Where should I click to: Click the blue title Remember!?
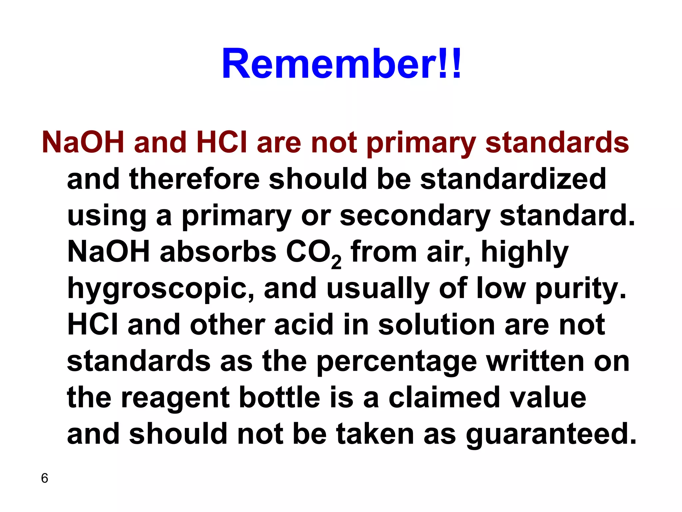tap(342, 63)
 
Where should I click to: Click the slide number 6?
tap(45, 478)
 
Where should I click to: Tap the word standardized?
tap(513, 179)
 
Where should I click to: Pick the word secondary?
tap(415, 216)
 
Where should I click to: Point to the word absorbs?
tap(218, 252)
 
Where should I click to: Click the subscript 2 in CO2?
tap(336, 262)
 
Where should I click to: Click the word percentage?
tap(397, 362)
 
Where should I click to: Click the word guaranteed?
tap(551, 435)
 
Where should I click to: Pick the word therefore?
tap(194, 179)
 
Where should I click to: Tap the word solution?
tap(437, 325)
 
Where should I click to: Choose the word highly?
tap(524, 253)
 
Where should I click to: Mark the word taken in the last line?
tap(375, 434)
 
